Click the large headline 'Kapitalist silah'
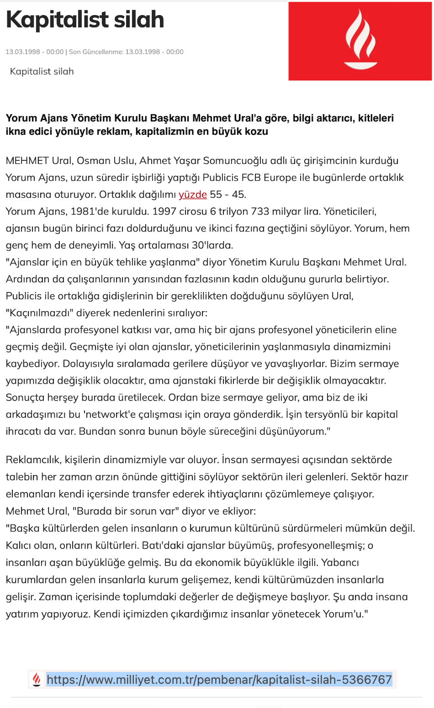(x=85, y=20)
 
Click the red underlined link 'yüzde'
(x=193, y=195)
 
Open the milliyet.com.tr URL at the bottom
(x=219, y=680)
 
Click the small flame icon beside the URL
(x=37, y=680)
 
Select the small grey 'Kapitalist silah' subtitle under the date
(x=42, y=71)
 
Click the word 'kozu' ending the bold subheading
(x=256, y=132)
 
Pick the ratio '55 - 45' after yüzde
(x=228, y=195)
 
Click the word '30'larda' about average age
(x=212, y=245)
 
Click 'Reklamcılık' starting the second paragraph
(x=32, y=460)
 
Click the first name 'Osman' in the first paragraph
(x=91, y=161)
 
